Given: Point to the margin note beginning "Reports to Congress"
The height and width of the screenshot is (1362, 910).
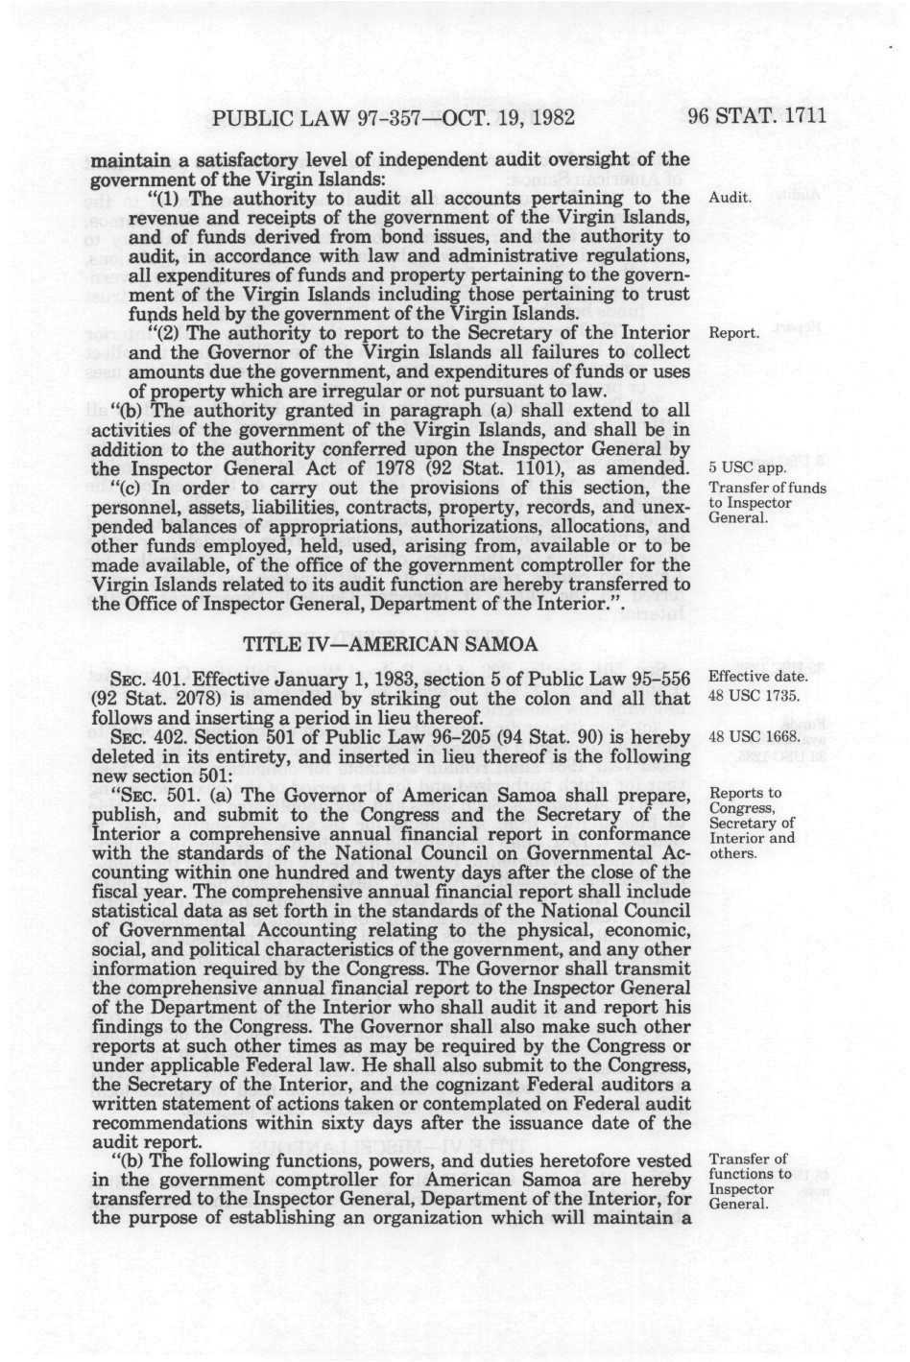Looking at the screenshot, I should [x=750, y=823].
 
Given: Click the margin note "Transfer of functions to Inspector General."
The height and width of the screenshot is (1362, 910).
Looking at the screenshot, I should [x=749, y=1181].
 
